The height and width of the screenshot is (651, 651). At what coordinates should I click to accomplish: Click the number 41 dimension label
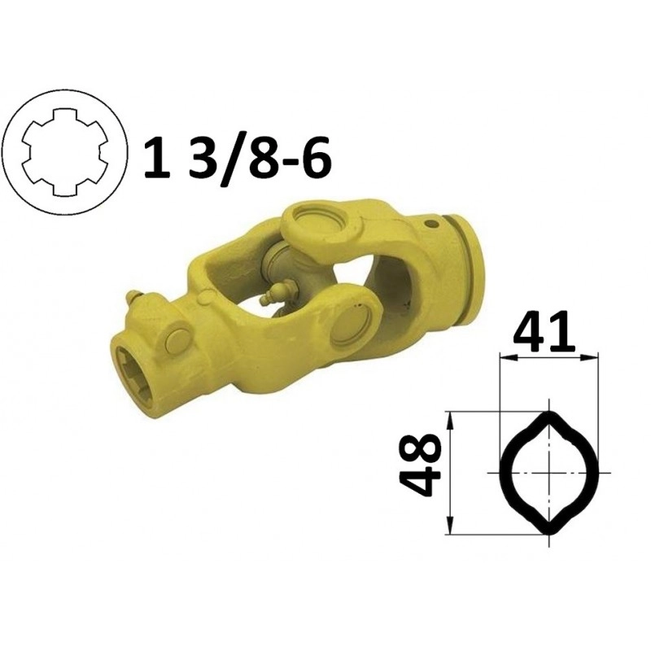[544, 330]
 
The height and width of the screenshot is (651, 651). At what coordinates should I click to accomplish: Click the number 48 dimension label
[420, 465]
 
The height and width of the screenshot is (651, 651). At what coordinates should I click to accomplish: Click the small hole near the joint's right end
[433, 225]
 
